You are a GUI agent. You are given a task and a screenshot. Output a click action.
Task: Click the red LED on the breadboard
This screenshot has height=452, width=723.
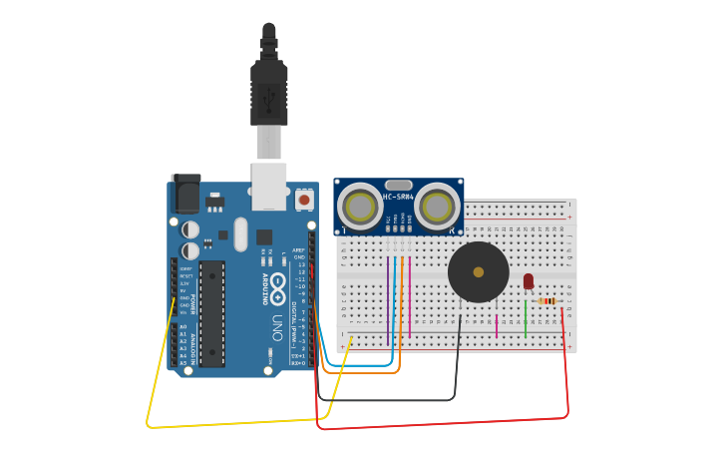point(529,281)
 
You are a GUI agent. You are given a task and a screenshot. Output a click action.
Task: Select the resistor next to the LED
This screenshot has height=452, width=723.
point(546,301)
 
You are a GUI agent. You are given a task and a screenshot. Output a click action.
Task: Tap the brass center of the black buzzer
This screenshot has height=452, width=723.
point(479,271)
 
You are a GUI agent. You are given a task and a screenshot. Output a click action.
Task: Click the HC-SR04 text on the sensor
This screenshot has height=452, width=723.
point(398,197)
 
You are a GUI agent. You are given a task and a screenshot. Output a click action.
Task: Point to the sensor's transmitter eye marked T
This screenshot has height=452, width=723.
point(359,207)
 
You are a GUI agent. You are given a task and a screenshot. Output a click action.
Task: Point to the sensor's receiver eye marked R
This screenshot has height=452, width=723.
point(437,207)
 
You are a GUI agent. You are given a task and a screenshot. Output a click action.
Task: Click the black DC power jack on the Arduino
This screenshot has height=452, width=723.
point(185,193)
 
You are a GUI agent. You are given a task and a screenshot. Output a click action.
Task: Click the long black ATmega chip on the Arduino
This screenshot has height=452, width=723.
point(211,313)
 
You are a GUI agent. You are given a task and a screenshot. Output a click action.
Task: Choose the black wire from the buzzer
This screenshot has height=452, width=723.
point(399,400)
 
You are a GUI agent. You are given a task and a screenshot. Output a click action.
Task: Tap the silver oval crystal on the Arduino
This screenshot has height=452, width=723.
point(240,234)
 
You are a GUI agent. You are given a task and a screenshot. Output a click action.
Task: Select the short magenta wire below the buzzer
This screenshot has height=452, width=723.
point(497,325)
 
